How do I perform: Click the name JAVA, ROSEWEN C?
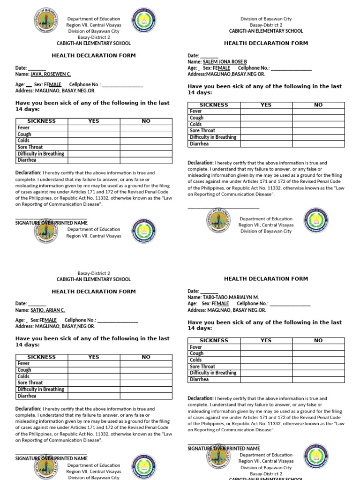coord(51,74)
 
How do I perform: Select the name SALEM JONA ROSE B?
coord(225,61)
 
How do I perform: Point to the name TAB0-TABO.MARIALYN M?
coord(231,297)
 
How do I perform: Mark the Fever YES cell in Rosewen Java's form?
coord(94,127)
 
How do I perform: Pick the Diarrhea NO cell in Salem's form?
coord(318,144)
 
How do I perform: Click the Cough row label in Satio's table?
coord(24,370)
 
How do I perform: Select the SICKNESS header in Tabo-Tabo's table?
coord(214,340)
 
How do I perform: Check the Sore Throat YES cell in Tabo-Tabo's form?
coord(266,367)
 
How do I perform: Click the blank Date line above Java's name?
coord(37,68)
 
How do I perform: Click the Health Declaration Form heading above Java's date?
coord(93,55)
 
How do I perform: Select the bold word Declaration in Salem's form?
coord(200,163)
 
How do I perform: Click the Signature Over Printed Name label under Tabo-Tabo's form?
coord(224,449)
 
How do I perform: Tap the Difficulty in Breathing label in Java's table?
coord(41,154)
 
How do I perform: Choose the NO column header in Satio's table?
coord(146,357)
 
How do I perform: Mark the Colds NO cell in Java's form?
coord(146,141)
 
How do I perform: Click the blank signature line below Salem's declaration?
coord(223,208)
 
